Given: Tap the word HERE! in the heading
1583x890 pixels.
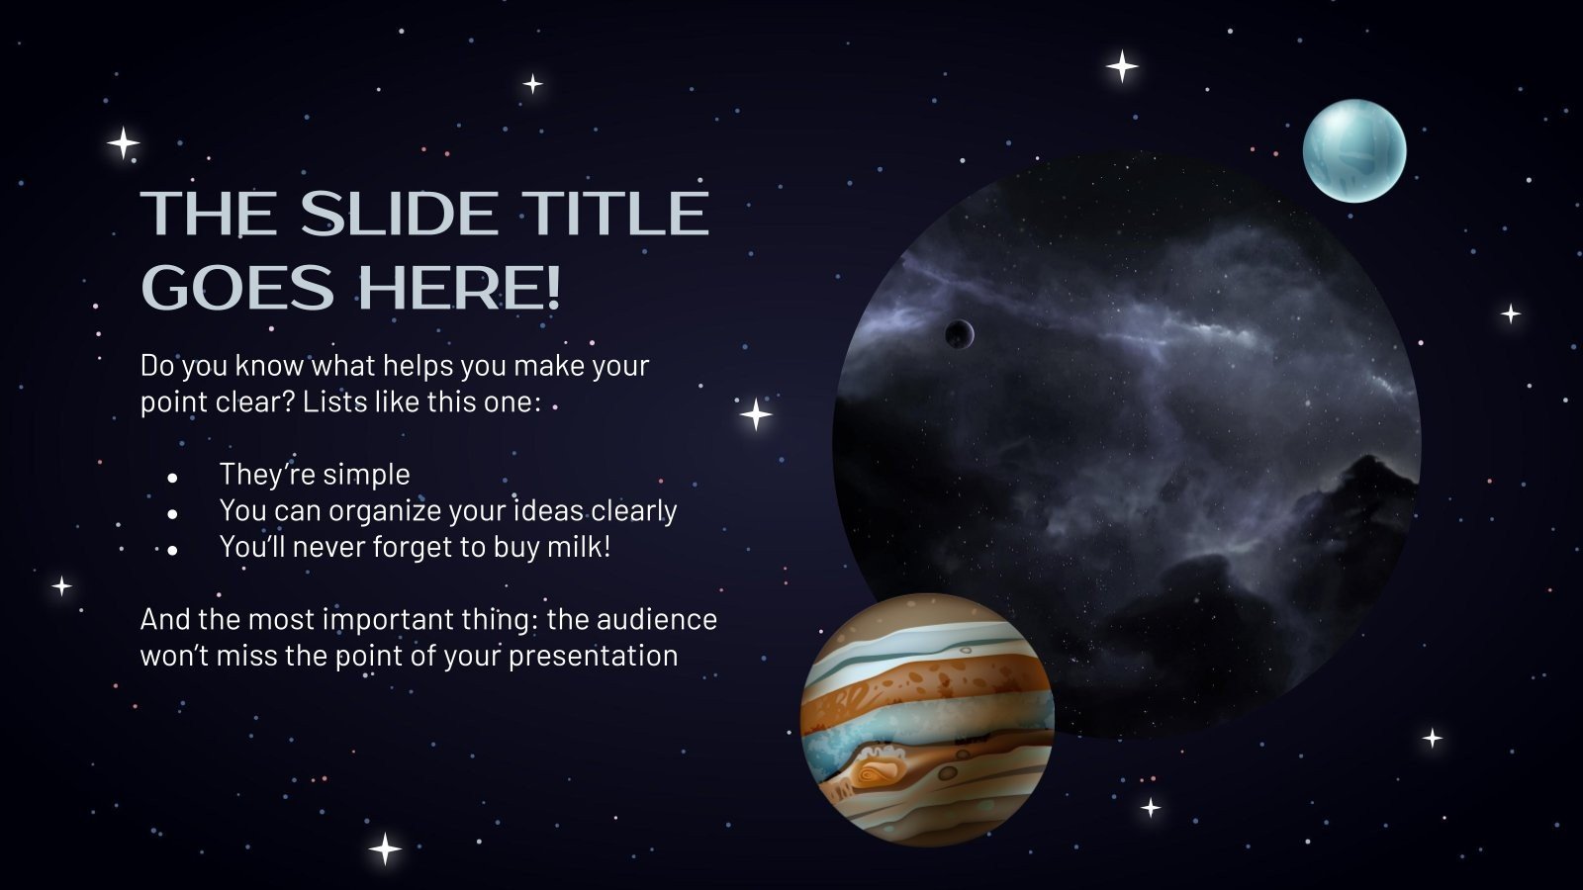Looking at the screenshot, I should (x=459, y=288).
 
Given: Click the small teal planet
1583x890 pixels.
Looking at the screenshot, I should (x=1353, y=151).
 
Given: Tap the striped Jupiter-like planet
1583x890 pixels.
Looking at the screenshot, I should (x=927, y=719).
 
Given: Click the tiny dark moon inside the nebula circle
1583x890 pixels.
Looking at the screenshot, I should (x=958, y=334).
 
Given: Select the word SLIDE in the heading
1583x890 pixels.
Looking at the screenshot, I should (x=400, y=213).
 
